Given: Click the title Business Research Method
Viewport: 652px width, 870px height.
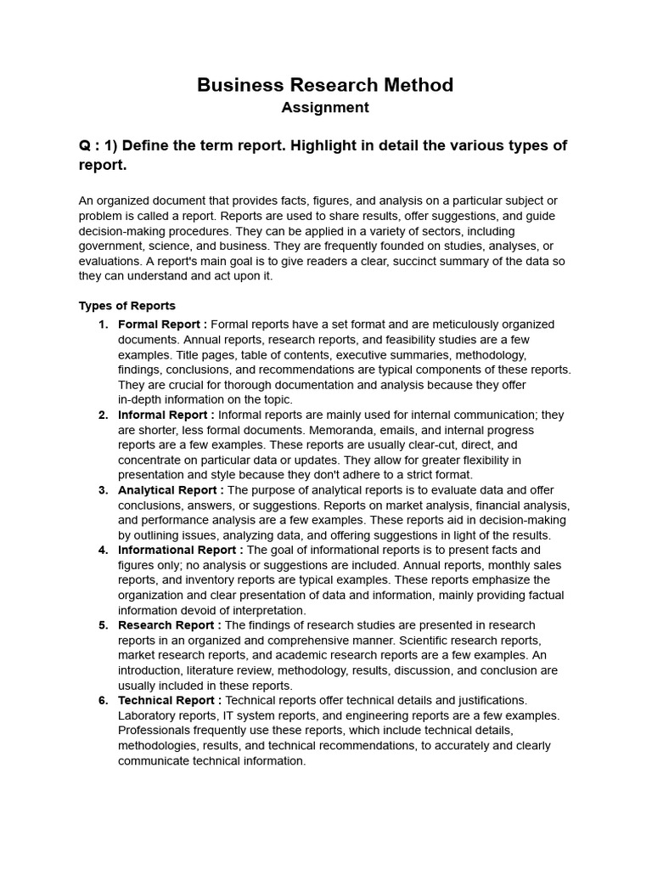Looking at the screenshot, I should coord(325,85).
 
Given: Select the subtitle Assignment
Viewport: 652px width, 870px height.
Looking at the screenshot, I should coord(325,108).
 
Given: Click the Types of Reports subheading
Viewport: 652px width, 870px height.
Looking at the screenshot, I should coord(127,306).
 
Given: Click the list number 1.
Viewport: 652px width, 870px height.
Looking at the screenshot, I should coord(103,325).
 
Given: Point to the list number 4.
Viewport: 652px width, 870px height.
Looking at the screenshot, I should coord(103,550).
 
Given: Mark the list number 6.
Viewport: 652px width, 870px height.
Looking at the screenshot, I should coord(103,700).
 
